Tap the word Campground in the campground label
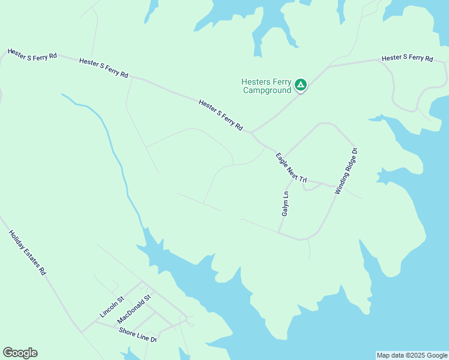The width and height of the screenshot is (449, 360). pos(267,91)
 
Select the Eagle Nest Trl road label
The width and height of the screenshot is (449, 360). pos(291,168)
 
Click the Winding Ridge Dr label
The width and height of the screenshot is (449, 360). pos(346,171)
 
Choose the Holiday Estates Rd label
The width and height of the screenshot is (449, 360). pos(28,253)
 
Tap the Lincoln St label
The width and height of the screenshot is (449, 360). pos(112,307)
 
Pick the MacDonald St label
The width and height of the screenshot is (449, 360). pos(134,307)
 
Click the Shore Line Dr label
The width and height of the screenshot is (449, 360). pos(137,335)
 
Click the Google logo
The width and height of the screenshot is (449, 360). pos(20,353)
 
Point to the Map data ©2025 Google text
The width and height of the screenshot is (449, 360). pos(412,355)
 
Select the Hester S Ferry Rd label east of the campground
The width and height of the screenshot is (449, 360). pos(408,58)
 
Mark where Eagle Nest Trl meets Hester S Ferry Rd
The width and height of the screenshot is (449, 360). pos(252,133)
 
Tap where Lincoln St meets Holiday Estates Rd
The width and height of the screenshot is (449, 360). pos(81,331)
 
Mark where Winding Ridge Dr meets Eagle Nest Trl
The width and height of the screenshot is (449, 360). pos(337,187)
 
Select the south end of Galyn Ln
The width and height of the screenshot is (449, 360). pos(279,232)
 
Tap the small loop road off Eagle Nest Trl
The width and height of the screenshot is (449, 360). pos(312,187)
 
